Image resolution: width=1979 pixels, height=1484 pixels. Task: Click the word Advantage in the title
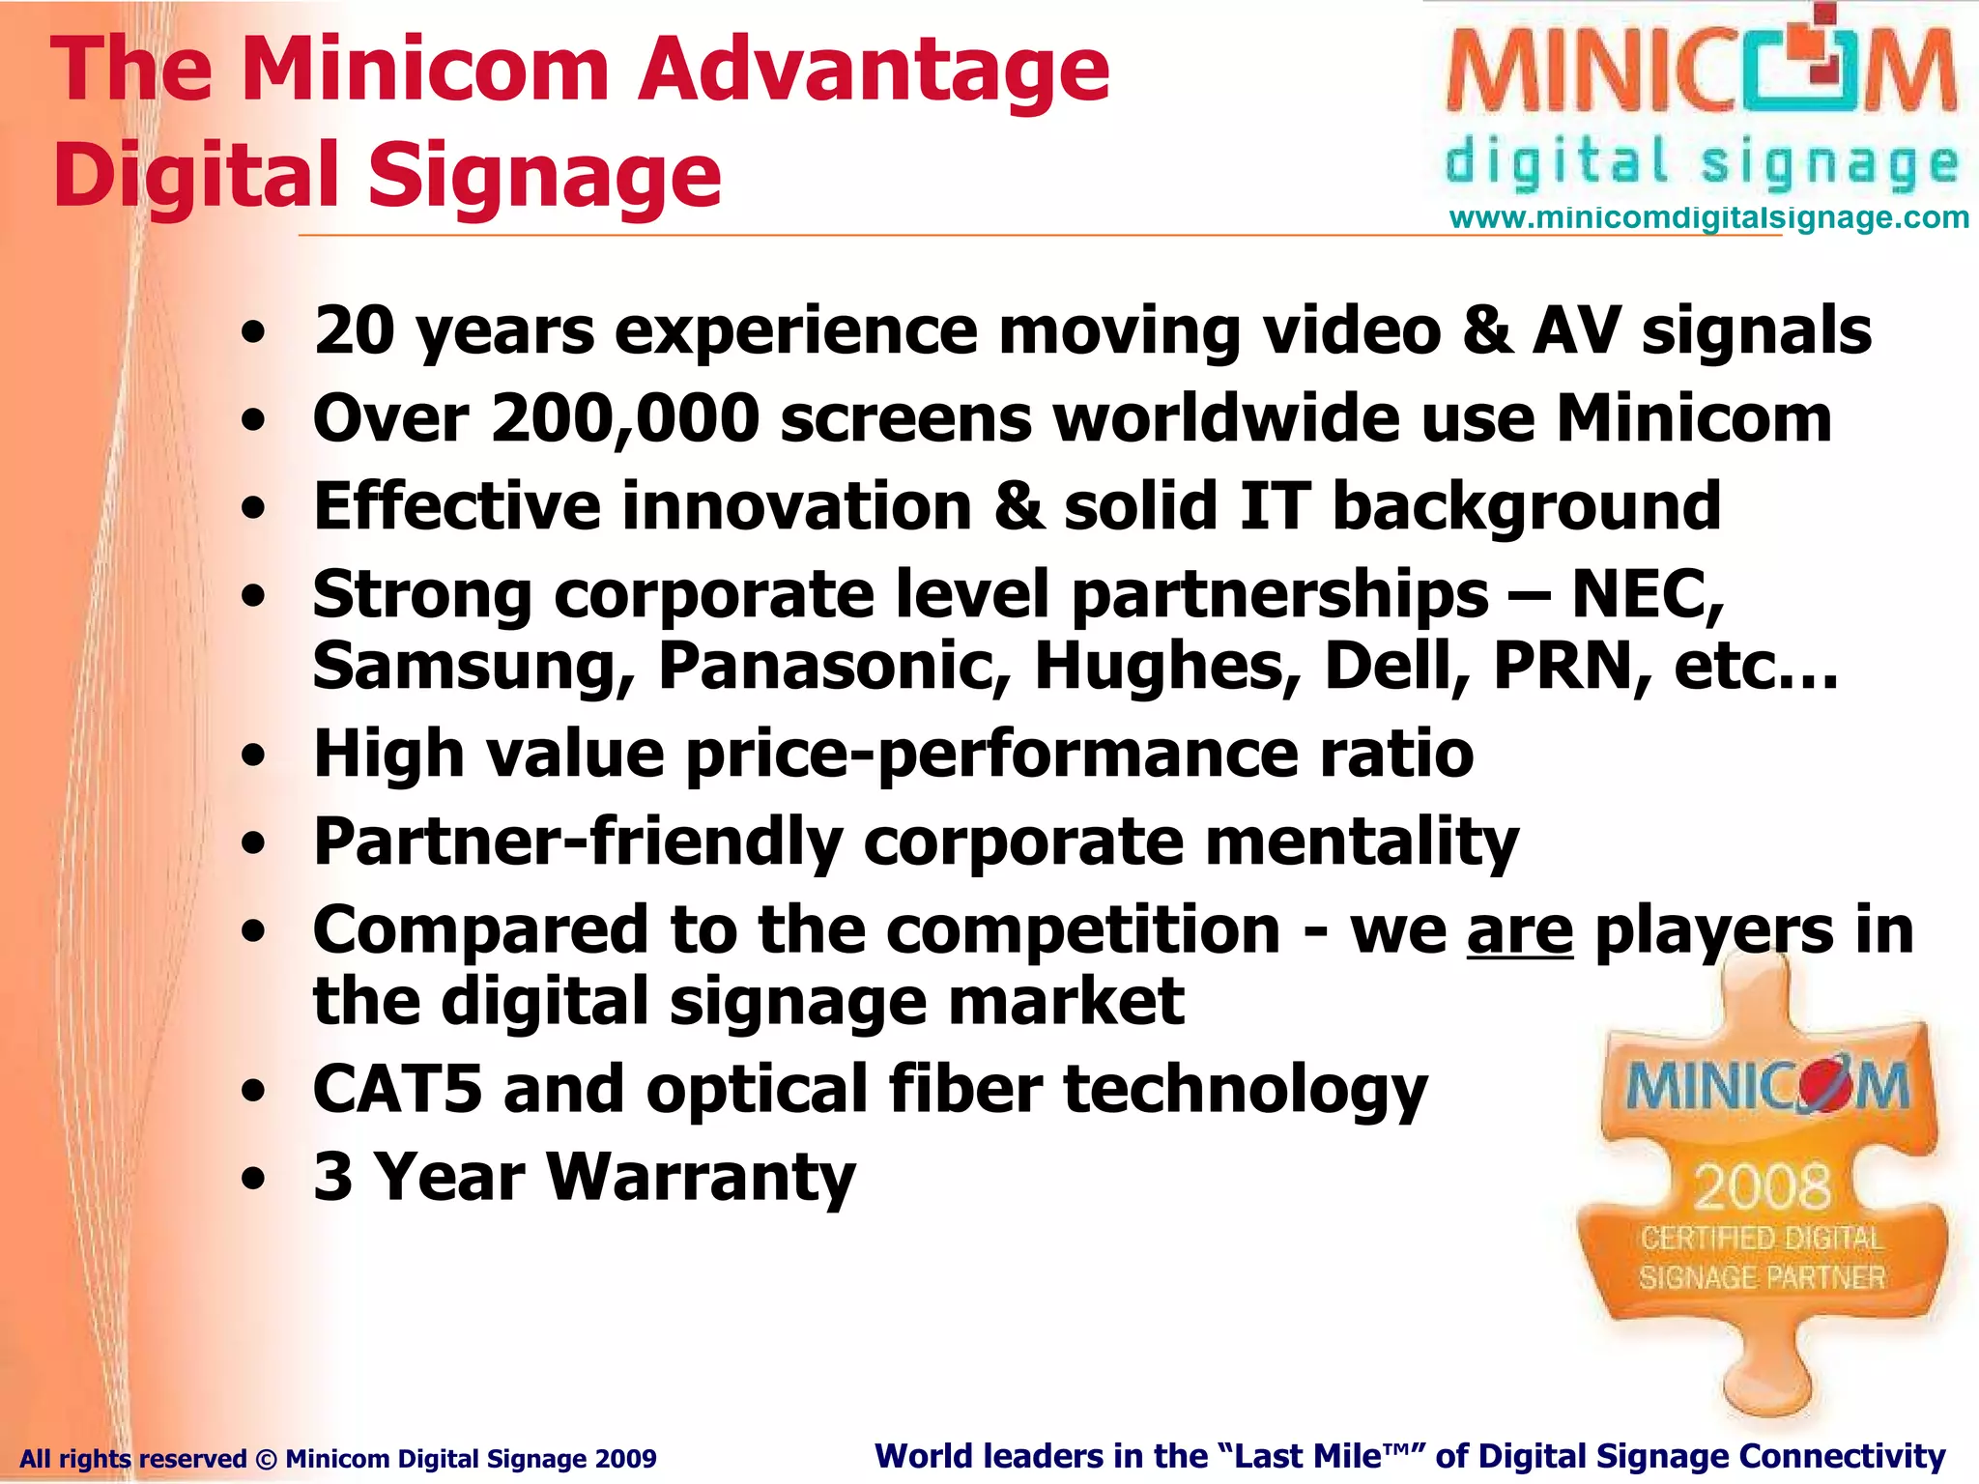875,70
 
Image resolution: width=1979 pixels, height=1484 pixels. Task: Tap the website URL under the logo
1708,217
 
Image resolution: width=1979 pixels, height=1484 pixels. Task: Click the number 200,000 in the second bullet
625,419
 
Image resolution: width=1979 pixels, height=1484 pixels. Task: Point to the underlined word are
1520,931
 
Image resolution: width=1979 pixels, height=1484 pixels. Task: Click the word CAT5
397,1089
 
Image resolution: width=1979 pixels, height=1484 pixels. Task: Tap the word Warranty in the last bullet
701,1178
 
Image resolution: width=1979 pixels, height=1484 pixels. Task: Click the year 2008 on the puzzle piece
1762,1187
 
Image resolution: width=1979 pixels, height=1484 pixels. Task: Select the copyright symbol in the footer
266,1459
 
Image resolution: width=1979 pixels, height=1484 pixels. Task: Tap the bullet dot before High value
253,756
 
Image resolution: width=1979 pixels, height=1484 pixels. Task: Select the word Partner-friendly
578,842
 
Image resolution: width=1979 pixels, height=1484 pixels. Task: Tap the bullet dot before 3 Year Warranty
253,1180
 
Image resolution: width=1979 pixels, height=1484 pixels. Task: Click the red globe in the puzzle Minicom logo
1821,1087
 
